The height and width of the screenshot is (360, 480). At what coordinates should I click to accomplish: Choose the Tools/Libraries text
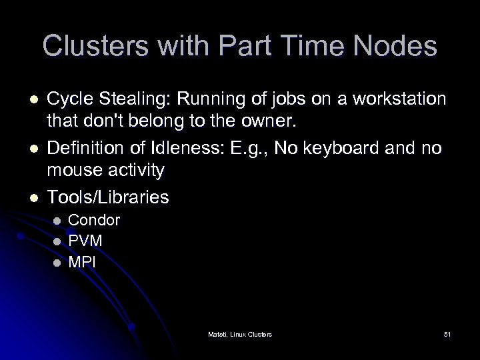point(107,197)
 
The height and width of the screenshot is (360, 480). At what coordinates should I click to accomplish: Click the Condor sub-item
point(94,220)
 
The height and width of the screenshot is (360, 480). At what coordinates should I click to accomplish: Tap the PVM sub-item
point(85,241)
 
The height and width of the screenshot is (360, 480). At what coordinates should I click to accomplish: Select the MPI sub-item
point(82,262)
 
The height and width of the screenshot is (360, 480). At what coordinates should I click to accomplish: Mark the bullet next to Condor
point(57,221)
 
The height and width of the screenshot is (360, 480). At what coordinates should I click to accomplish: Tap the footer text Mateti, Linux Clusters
point(239,333)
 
